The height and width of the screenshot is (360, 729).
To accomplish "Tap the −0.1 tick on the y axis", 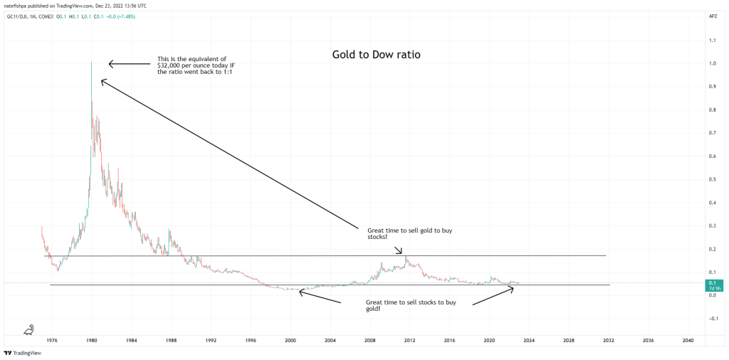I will click(710, 318).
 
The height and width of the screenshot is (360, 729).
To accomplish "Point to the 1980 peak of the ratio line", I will click(92, 64).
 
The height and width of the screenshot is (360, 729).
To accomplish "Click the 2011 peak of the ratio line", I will click(405, 257).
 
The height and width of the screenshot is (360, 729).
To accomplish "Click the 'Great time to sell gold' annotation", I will click(409, 234).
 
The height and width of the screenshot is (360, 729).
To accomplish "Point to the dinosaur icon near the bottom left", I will click(29, 329).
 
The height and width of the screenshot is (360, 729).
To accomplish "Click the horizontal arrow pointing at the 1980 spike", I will click(127, 65).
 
